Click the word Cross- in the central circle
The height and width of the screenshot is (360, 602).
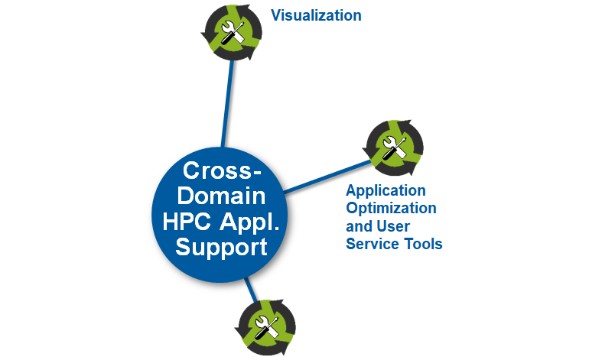click(218, 170)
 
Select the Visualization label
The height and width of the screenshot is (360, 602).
click(317, 15)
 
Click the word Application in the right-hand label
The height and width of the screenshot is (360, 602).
click(386, 190)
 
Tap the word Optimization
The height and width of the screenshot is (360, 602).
click(391, 208)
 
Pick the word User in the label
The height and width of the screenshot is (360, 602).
click(393, 226)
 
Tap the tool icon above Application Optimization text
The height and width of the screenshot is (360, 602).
click(394, 145)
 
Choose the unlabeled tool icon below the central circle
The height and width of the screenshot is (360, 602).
click(263, 327)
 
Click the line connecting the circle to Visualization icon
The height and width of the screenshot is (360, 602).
click(226, 103)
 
